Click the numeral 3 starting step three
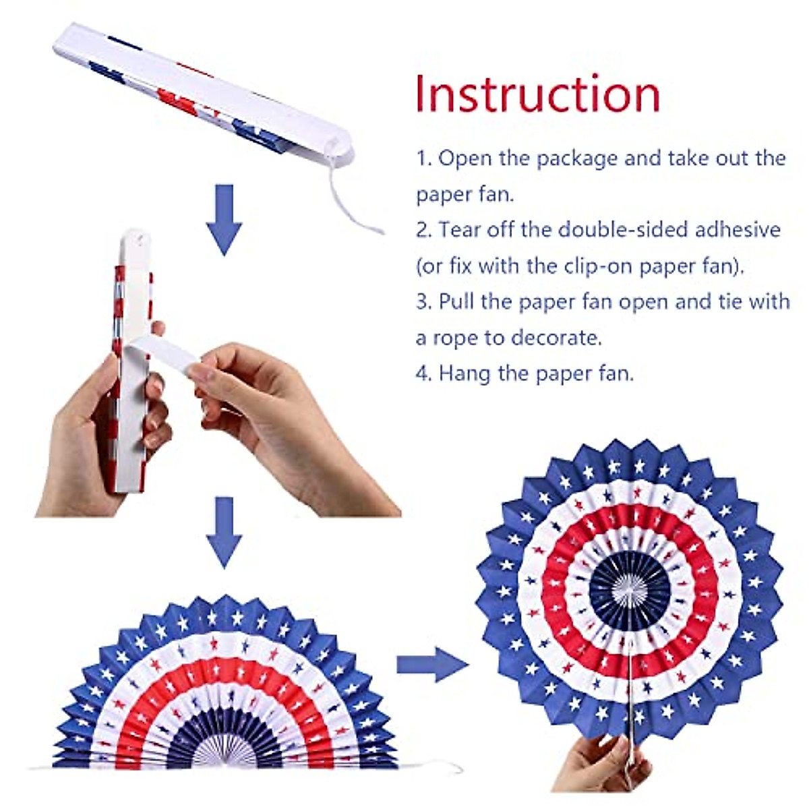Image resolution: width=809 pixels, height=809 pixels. pos(423,301)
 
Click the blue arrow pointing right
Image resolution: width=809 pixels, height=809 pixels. pos(431,664)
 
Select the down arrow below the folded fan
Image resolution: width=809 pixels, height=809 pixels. pos(224,219)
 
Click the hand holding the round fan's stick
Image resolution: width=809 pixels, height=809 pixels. pos(607,762)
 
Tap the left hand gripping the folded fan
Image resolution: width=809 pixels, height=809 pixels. pos(101,431)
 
